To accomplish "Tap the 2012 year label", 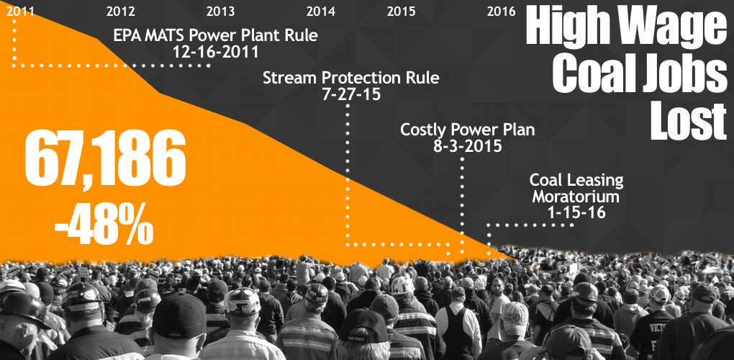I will point(120,11).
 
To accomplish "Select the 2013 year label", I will point(220,11).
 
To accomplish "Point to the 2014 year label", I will point(320,11).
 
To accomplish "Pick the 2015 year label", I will point(401,11).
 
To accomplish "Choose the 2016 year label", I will point(501,11).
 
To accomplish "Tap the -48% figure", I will point(104,224).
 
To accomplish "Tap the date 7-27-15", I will point(350,94).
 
